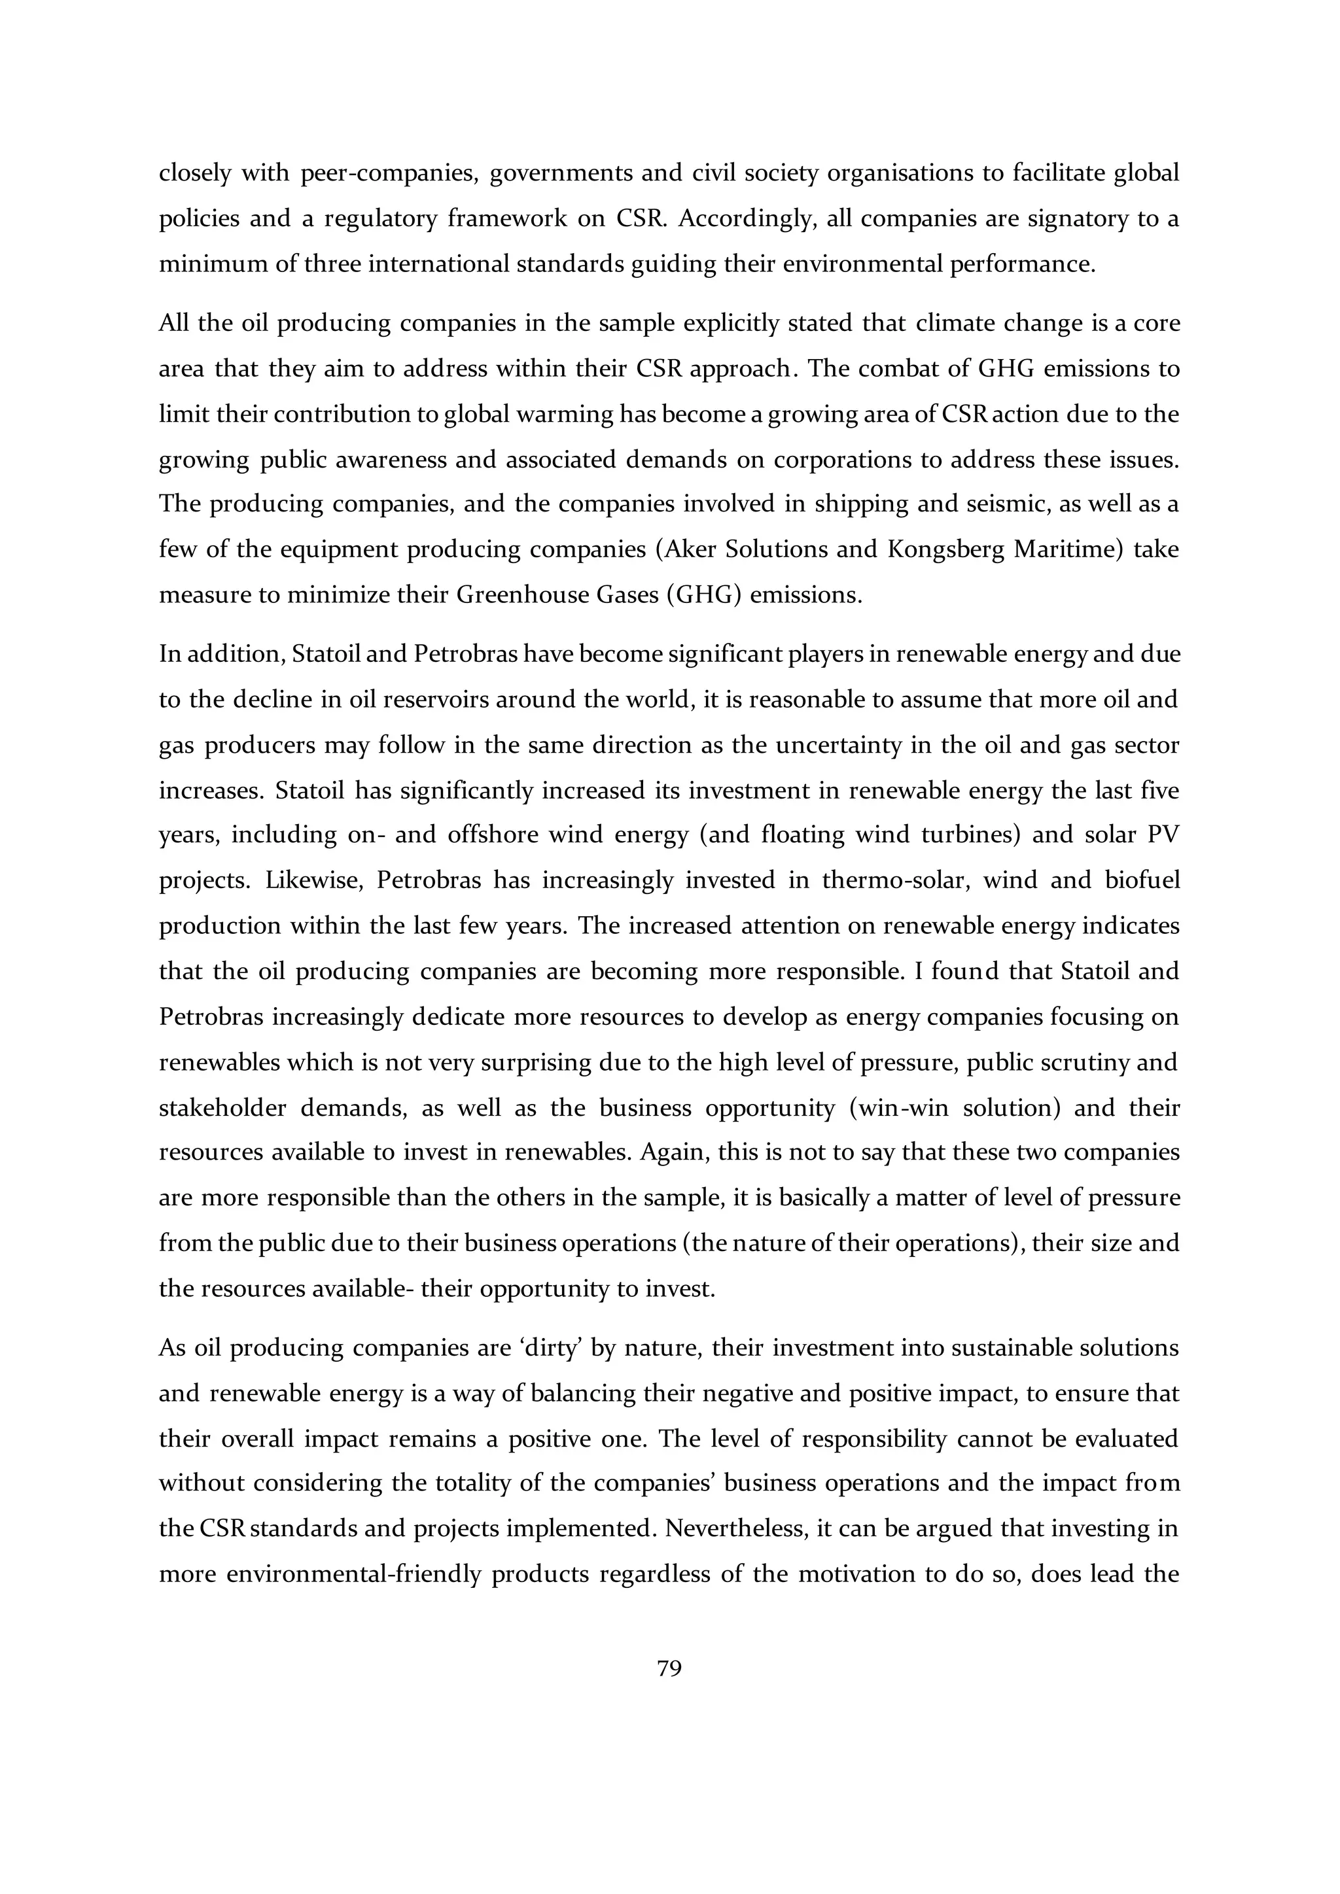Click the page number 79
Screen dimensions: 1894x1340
[x=669, y=1669]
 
